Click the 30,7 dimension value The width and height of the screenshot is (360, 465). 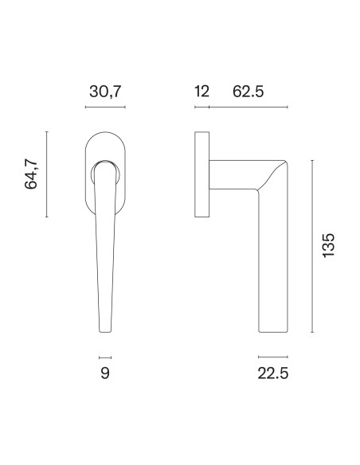pos(105,92)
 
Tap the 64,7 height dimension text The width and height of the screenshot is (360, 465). pos(31,174)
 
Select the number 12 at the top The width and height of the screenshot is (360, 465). pos(202,91)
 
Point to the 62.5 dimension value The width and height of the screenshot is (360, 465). pos(248,91)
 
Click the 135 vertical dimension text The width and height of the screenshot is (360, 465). pos(329,245)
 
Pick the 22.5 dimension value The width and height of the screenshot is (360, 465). pos(273,373)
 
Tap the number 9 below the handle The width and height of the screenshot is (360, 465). pos(105,373)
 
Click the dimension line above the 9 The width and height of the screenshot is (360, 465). pos(105,358)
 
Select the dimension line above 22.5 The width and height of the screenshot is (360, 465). pos(273,357)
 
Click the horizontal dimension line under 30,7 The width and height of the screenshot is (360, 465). pos(105,107)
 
